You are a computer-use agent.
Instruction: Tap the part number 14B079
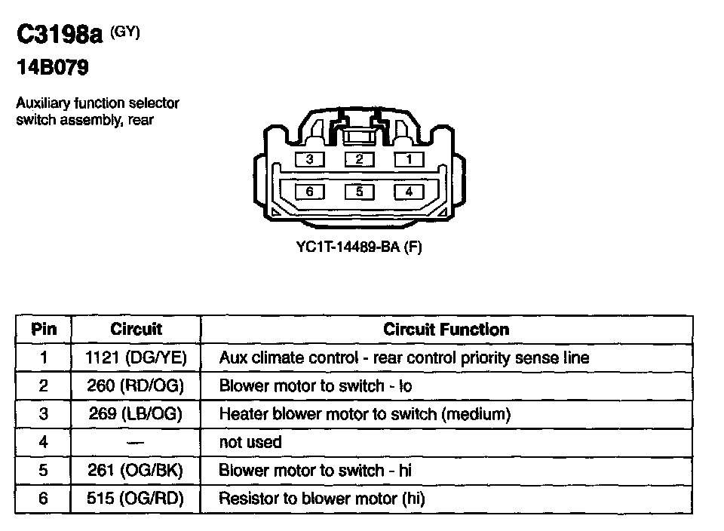click(x=53, y=69)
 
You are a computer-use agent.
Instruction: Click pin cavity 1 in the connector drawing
click(x=409, y=159)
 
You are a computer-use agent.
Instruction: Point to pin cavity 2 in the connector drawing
click(x=360, y=159)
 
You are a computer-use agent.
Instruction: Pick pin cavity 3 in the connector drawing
click(x=310, y=159)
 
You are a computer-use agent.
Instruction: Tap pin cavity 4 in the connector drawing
click(x=409, y=192)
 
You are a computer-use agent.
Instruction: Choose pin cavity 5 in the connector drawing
click(x=360, y=192)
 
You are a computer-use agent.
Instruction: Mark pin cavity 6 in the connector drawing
click(x=310, y=192)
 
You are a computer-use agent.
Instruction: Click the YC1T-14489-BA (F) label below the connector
click(x=359, y=247)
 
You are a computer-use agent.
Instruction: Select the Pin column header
click(x=43, y=330)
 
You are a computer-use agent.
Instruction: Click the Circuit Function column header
click(x=446, y=330)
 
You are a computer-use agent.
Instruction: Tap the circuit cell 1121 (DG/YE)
click(x=136, y=358)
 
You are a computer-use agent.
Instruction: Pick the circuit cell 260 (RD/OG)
click(x=136, y=386)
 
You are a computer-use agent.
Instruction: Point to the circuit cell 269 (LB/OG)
click(x=136, y=414)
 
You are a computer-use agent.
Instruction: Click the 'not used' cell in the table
click(x=250, y=442)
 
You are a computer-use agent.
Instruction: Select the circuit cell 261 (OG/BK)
click(x=136, y=471)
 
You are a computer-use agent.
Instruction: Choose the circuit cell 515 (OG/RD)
click(x=136, y=499)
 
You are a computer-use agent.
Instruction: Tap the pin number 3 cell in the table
click(x=43, y=414)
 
